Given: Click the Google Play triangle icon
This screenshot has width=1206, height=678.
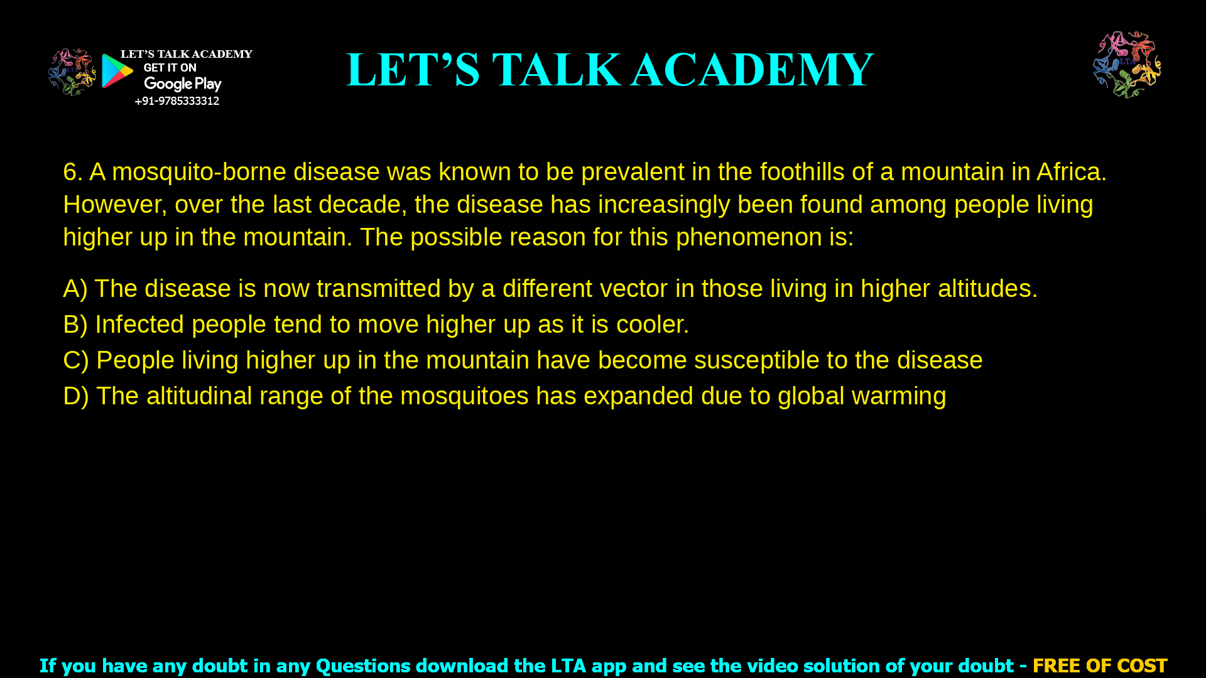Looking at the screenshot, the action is click(117, 71).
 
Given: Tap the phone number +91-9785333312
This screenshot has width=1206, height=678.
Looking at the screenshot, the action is click(177, 101).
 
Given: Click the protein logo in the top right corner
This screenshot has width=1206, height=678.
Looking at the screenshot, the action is click(1127, 65).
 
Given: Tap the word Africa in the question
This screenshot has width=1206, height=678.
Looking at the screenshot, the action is click(1071, 172).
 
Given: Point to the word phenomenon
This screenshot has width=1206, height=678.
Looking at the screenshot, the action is click(749, 237).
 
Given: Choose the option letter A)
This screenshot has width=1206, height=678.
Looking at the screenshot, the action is click(75, 289).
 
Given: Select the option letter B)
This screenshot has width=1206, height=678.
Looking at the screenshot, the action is click(75, 325).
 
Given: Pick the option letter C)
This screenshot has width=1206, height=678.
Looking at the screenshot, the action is click(76, 360).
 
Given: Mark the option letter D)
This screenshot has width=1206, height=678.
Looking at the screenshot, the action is click(76, 396).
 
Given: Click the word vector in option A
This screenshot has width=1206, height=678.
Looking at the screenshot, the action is click(633, 289).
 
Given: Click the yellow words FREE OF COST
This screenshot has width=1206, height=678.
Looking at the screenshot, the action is click(1100, 665).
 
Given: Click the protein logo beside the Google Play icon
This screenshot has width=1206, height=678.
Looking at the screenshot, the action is click(72, 72).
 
